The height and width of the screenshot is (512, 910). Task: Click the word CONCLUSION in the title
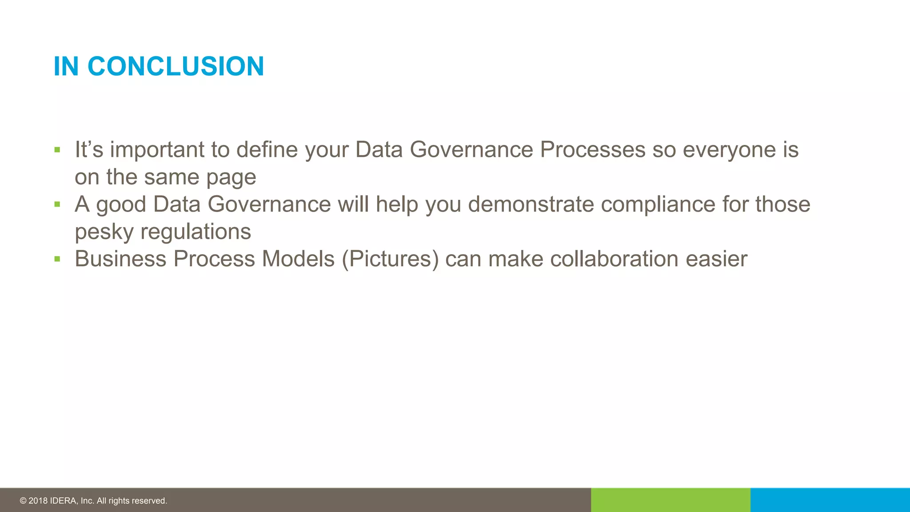click(176, 67)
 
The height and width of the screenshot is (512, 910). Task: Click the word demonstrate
click(531, 204)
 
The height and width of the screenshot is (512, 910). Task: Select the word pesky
click(104, 232)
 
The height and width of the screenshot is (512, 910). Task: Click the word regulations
click(196, 232)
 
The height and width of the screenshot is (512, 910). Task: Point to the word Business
click(120, 259)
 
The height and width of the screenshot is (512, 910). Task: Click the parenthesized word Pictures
click(390, 259)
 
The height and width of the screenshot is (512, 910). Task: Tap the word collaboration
click(614, 259)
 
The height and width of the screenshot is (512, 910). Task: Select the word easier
click(716, 259)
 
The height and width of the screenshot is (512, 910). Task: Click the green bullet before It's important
click(57, 150)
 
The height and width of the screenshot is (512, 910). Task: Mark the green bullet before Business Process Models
click(57, 259)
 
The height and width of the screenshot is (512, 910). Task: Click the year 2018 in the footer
click(38, 501)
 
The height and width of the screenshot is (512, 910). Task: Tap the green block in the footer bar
click(671, 500)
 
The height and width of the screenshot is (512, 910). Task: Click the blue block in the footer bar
click(830, 500)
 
